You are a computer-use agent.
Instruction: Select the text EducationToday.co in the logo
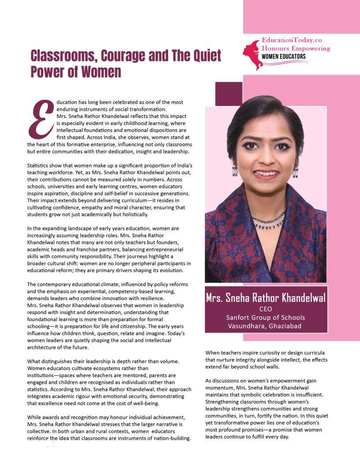pos(292,40)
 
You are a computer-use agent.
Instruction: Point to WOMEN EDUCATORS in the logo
pos(283,57)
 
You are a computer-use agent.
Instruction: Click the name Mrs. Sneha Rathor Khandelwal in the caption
pos(266,298)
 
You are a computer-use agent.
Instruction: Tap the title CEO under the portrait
pos(266,308)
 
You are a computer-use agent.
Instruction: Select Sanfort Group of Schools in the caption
pos(266,317)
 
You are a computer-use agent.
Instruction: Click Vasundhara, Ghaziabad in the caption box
pos(266,326)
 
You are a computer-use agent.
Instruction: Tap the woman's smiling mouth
pos(266,174)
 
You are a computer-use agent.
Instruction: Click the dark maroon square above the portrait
pos(229,94)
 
